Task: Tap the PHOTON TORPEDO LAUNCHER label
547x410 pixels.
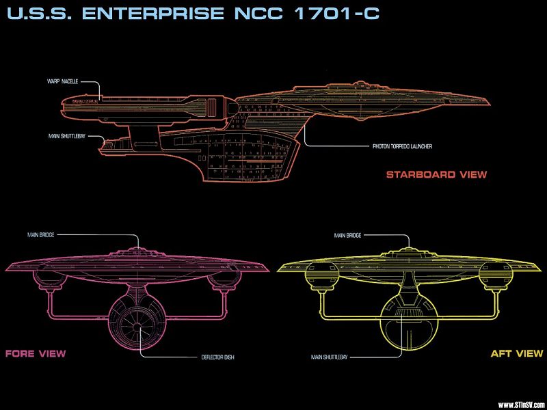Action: coord(402,146)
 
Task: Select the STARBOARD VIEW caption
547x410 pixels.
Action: coord(436,174)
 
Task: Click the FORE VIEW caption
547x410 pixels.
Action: coord(36,353)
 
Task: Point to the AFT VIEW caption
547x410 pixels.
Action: coord(517,353)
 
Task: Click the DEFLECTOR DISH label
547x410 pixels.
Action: coord(217,357)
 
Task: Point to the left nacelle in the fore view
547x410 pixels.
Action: coord(51,275)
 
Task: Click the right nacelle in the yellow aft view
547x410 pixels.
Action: coord(495,274)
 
